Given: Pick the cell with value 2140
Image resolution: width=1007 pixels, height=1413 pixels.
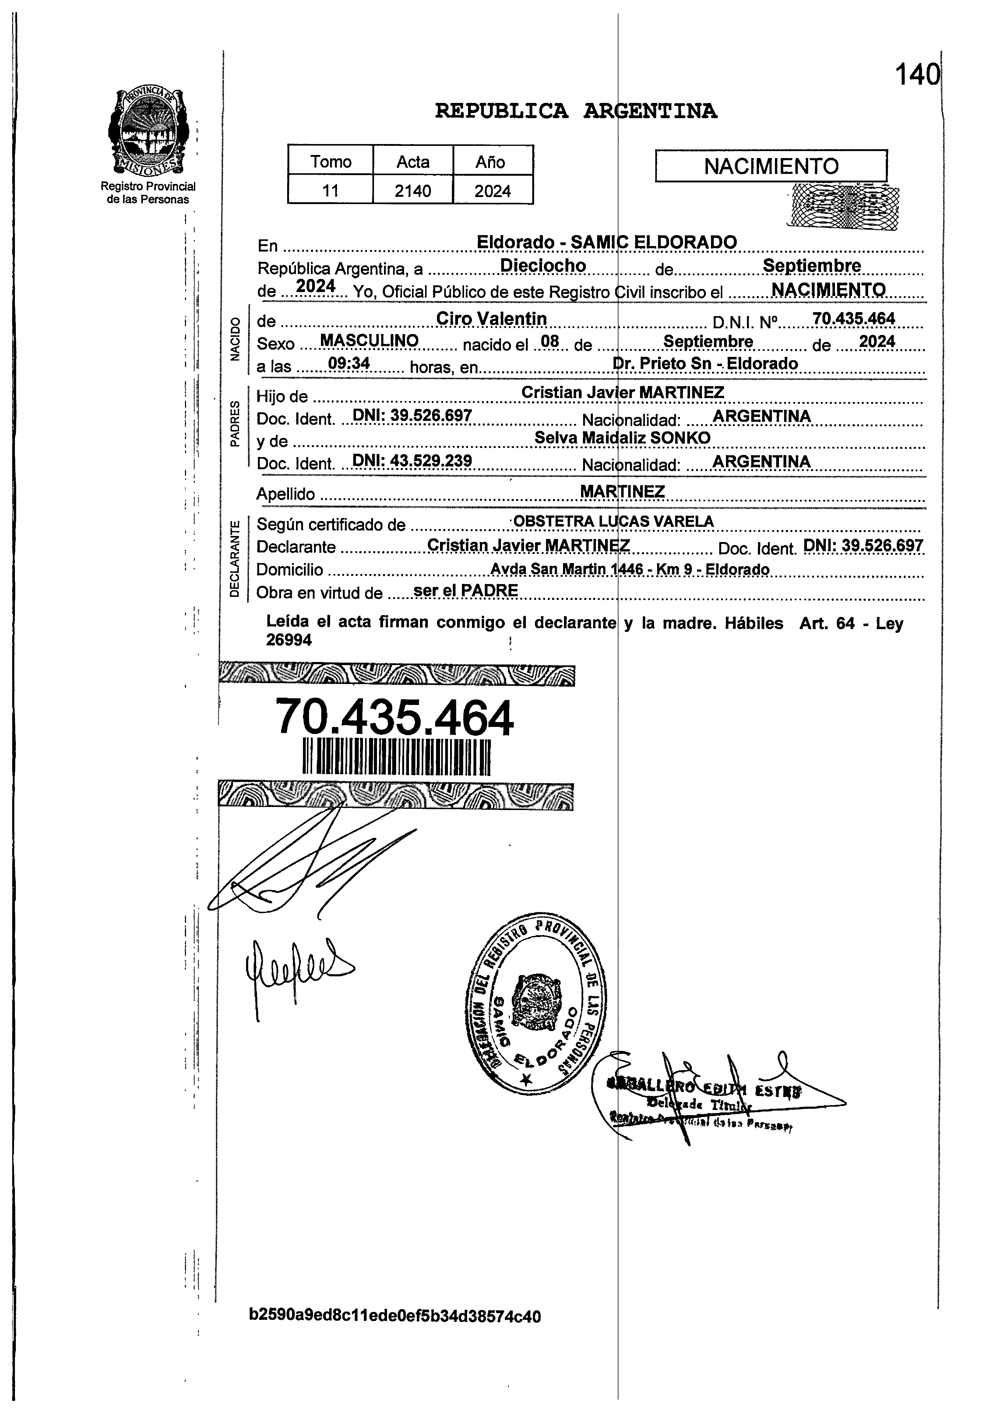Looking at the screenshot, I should [x=413, y=191].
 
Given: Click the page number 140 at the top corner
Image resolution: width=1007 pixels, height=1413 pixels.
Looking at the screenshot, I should [x=917, y=76].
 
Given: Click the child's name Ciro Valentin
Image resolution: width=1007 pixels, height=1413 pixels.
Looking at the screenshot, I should [x=491, y=319].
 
